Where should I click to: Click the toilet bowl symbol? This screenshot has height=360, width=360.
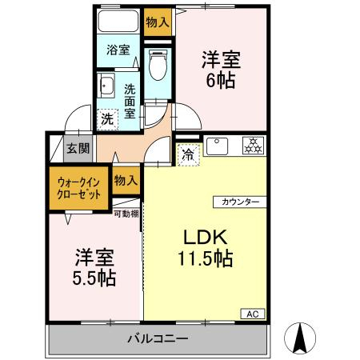(158, 65)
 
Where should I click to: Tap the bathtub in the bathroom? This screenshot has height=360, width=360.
(118, 21)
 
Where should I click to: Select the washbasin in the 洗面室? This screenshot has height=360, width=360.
(106, 85)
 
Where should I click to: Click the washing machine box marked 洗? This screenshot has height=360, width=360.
(107, 120)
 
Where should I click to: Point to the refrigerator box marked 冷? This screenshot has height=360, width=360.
(189, 154)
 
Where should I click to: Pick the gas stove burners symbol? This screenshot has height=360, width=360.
(254, 146)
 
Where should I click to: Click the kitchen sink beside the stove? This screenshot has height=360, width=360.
(218, 146)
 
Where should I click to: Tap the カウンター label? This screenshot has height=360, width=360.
(240, 202)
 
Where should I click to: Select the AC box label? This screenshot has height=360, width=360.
(253, 314)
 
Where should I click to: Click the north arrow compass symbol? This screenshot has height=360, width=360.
(300, 338)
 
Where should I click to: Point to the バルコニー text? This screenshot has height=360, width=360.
(158, 338)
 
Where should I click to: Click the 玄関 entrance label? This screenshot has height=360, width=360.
(78, 148)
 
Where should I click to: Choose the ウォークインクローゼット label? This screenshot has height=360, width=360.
(79, 188)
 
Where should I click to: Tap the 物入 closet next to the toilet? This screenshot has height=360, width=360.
(158, 22)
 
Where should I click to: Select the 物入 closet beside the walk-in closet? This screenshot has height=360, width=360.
(126, 181)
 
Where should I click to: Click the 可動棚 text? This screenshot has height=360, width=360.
(126, 214)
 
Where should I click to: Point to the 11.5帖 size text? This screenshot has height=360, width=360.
(206, 258)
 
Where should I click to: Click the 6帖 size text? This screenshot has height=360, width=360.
(221, 80)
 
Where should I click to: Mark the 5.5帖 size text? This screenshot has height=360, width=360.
(94, 278)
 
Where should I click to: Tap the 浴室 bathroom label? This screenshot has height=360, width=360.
(118, 50)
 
